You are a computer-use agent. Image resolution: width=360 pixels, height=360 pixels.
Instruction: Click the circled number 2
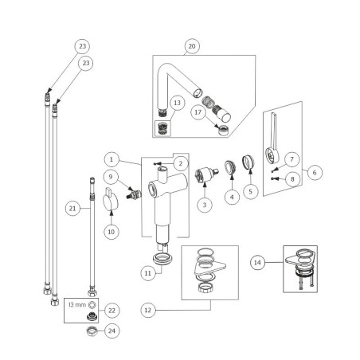point(182,162)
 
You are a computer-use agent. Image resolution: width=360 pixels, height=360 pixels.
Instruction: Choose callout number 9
point(112,175)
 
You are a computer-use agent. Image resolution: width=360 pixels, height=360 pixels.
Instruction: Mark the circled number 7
point(293,159)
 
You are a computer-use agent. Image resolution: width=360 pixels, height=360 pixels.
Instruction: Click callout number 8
point(293,179)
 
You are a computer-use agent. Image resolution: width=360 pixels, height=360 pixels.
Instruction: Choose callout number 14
point(257,261)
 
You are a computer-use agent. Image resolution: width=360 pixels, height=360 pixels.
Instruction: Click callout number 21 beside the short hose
point(72,209)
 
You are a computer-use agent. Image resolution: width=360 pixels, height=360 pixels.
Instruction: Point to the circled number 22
point(112,309)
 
